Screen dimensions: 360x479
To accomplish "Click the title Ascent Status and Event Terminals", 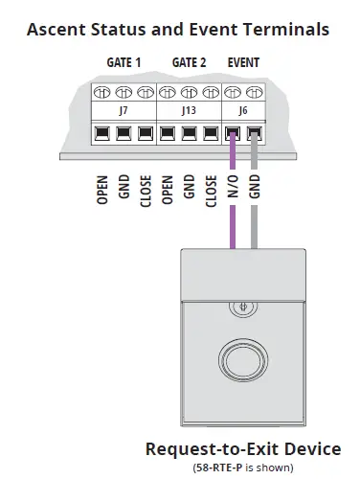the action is pyautogui.click(x=178, y=30).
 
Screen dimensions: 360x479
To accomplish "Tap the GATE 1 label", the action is pyautogui.click(x=124, y=63).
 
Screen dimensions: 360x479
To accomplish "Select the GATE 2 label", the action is pyautogui.click(x=190, y=63).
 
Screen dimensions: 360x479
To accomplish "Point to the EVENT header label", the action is pyautogui.click(x=243, y=63).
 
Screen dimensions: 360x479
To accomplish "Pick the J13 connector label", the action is pyautogui.click(x=190, y=111).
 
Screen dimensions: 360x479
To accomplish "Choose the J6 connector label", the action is pyautogui.click(x=243, y=111).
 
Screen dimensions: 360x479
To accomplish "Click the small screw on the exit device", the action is pyautogui.click(x=244, y=307).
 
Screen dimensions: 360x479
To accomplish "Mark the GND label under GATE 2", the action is pyautogui.click(x=190, y=186).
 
